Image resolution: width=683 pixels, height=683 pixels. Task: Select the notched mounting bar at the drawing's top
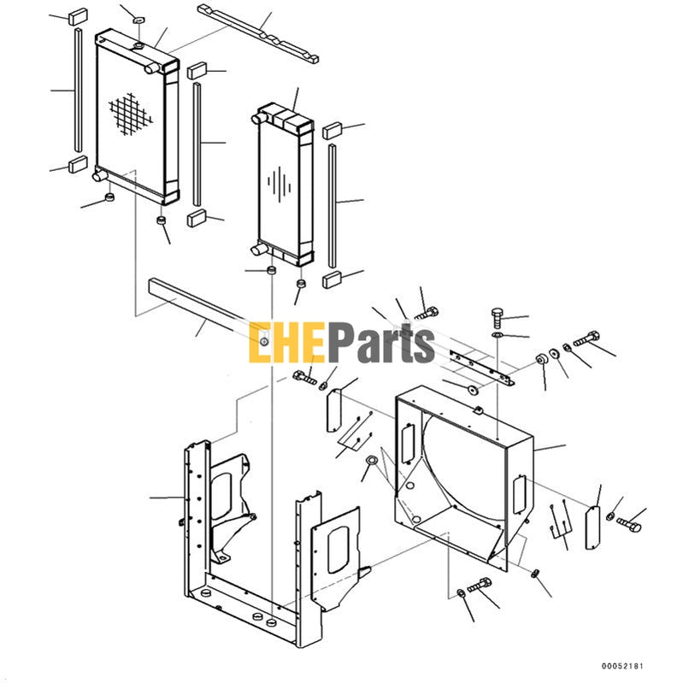(259, 33)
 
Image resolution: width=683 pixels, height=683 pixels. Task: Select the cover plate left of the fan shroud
(335, 411)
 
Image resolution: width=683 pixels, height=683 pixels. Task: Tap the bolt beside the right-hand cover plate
(628, 521)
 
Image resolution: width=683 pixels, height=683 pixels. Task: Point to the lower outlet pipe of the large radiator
(99, 177)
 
